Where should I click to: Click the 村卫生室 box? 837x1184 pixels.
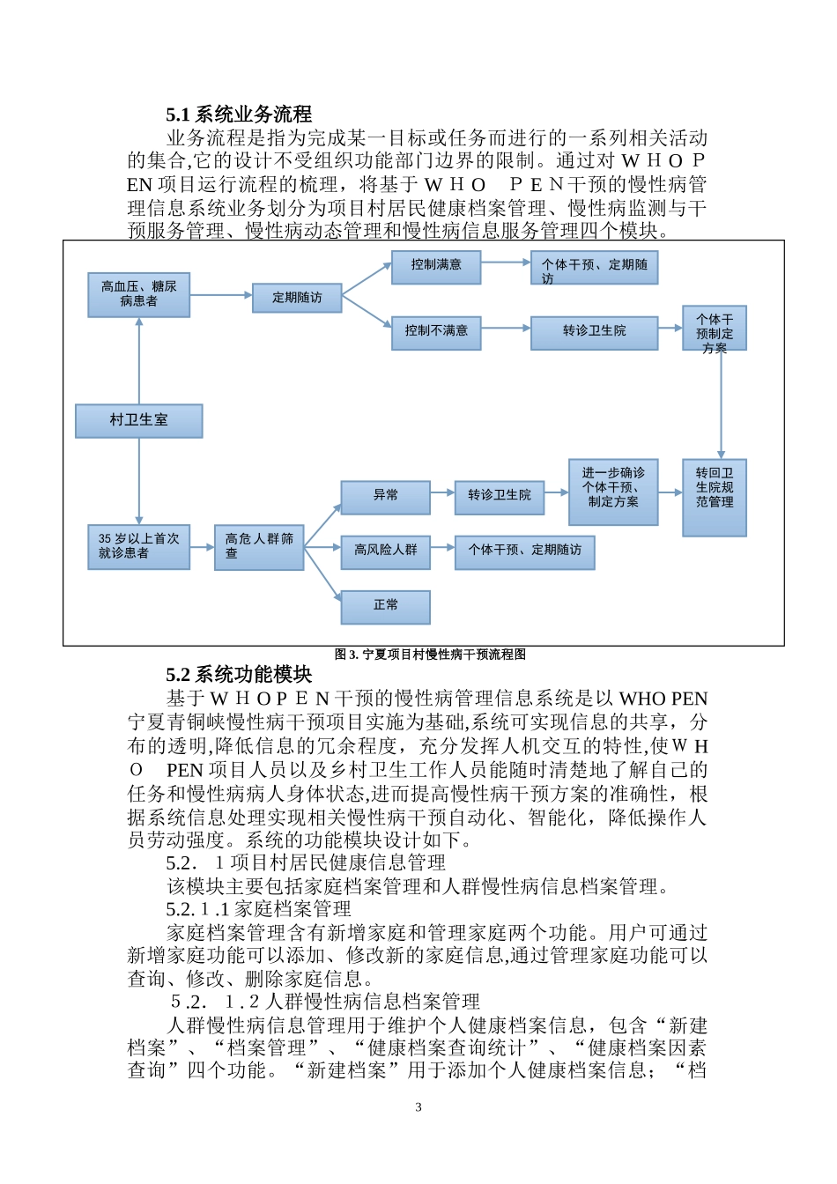click(x=139, y=421)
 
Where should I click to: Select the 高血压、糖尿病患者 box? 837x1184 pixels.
click(x=139, y=294)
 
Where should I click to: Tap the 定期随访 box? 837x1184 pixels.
click(x=297, y=298)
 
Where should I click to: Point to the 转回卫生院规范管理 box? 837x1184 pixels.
click(x=714, y=498)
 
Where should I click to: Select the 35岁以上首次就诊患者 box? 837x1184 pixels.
click(x=139, y=546)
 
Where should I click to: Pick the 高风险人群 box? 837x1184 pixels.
click(x=386, y=551)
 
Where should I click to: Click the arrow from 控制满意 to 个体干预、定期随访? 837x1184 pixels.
click(x=506, y=262)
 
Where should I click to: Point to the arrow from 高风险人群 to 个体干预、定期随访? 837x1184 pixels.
click(x=442, y=549)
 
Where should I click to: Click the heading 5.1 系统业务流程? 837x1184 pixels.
click(x=239, y=115)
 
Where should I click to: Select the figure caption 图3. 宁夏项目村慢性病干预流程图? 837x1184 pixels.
click(x=430, y=655)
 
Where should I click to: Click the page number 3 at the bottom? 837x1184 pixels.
click(x=418, y=1107)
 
